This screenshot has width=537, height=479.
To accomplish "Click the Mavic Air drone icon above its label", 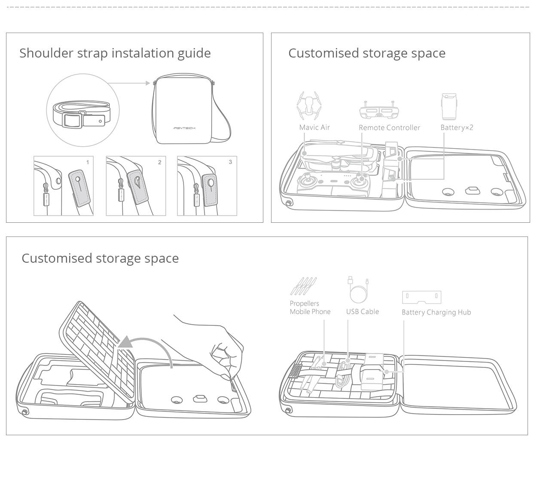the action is (x=309, y=106).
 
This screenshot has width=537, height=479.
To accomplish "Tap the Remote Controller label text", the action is (x=389, y=127).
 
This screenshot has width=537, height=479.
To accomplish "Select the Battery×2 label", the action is (x=457, y=127).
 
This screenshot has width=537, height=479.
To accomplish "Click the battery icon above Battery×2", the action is (x=449, y=106).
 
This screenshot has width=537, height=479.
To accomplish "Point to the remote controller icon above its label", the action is (x=379, y=109).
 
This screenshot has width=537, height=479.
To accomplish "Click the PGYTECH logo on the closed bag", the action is (x=184, y=128).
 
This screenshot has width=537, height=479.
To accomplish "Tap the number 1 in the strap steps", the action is (x=88, y=162).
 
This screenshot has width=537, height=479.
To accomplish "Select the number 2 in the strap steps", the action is (x=159, y=162).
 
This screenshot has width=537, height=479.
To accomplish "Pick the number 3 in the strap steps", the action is (x=230, y=162).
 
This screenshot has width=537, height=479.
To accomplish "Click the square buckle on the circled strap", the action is (x=73, y=120).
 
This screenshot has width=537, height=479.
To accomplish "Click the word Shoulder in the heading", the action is (x=46, y=53).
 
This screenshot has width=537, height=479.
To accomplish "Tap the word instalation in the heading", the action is (x=143, y=53).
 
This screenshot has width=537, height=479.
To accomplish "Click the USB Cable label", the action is (x=362, y=312).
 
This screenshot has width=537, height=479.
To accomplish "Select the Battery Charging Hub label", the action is (x=436, y=312).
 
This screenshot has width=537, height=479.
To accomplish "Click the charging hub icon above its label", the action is (x=421, y=297).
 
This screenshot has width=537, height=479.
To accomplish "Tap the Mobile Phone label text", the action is (x=310, y=312).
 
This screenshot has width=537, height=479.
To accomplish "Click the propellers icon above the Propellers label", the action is (x=303, y=286).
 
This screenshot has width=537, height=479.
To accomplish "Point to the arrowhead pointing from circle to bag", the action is (x=148, y=83).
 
